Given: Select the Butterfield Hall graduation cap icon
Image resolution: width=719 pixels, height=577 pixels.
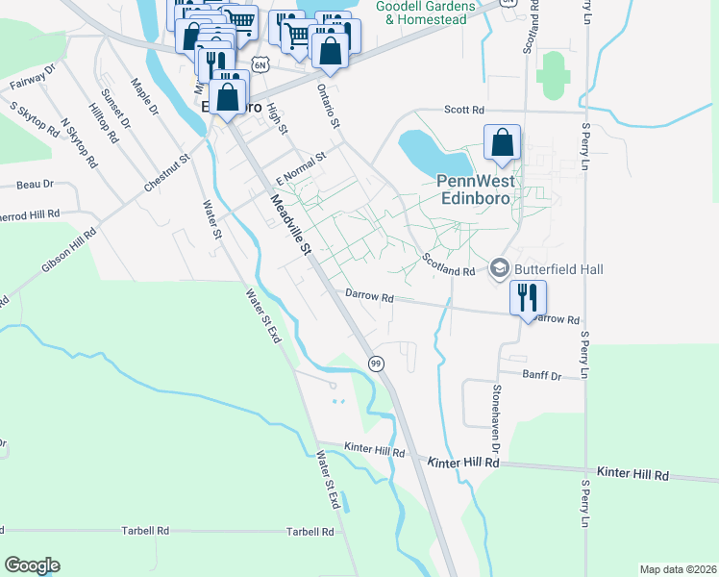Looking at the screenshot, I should click(500, 269).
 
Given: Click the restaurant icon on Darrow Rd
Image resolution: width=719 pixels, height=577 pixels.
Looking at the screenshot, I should click(528, 296).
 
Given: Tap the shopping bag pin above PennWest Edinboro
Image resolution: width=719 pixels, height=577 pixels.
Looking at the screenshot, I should click(502, 143).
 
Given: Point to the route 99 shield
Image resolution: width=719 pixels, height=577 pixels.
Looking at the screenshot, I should click(376, 363).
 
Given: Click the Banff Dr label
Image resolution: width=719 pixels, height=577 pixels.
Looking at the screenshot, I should click(541, 374).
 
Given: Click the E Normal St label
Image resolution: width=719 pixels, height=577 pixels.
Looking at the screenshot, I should click(301, 167).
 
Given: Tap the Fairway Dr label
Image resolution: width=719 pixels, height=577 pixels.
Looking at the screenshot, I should click(33, 76).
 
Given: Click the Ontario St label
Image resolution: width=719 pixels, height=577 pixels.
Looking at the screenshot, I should click(329, 105).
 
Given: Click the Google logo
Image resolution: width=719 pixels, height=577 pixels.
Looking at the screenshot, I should click(32, 565).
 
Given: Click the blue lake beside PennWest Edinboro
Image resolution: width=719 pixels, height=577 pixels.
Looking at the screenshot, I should click(429, 150).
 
